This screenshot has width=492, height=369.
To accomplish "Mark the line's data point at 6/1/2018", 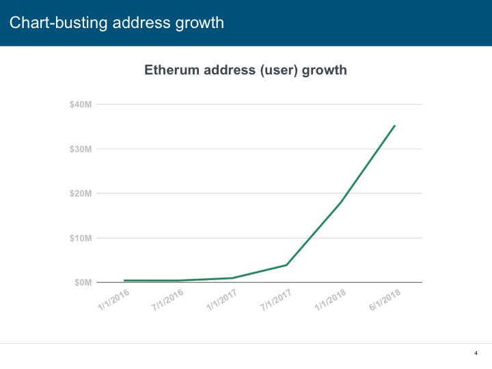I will click(394, 126).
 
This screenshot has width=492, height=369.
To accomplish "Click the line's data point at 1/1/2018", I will click(340, 202).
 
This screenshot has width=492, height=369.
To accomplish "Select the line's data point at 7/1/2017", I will click(286, 265).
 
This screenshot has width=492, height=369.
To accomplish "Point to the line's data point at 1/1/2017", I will click(232, 278).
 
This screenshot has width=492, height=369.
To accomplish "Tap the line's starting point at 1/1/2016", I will click(124, 280).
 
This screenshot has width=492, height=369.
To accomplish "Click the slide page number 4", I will click(475, 353).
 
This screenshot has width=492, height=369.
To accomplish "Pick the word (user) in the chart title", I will click(277, 70).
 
